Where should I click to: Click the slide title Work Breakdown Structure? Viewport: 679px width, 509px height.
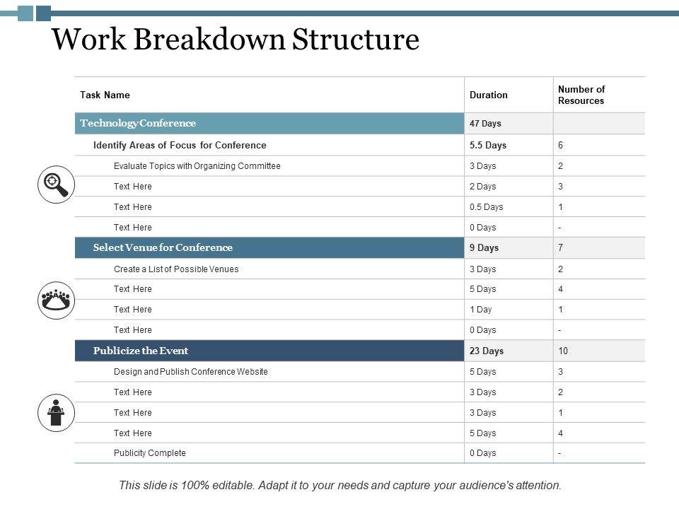(236, 40)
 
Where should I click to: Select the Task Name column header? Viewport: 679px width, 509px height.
(105, 95)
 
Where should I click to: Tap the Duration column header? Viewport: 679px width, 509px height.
(489, 95)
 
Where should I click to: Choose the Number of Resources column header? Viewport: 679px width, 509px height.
(581, 95)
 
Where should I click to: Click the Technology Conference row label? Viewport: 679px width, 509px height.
(138, 123)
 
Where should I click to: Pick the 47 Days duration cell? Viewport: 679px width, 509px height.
(485, 124)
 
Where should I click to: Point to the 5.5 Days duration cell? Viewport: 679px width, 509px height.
(488, 145)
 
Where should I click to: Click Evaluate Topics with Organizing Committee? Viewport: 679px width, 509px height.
(197, 166)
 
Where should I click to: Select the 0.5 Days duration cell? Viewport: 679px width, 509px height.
(487, 207)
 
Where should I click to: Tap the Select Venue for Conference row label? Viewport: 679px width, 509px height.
(163, 247)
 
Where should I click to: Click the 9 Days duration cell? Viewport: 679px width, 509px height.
(484, 248)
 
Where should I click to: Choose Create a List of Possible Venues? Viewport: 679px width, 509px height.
(176, 269)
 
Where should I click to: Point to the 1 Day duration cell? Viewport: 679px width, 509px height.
(481, 310)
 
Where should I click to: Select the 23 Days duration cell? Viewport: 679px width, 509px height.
(487, 351)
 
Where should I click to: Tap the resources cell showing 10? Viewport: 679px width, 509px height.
(563, 351)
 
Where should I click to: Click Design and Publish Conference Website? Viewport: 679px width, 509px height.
(191, 372)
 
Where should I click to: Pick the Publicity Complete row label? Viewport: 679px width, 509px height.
(150, 453)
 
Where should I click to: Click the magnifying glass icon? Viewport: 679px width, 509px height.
(56, 185)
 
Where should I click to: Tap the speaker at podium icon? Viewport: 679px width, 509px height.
(56, 412)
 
